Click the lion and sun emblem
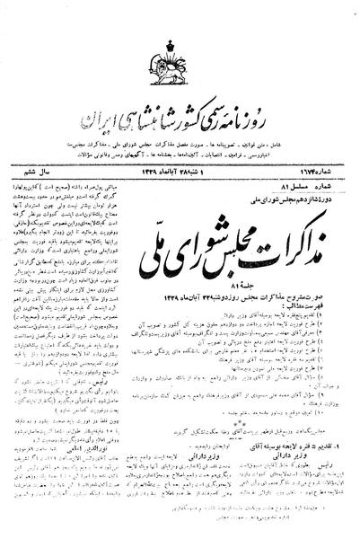tap(179, 56)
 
